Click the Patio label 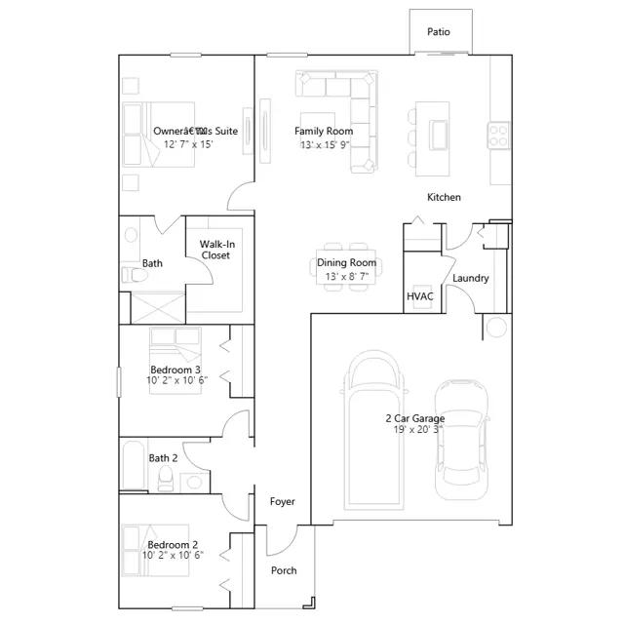coord(439,32)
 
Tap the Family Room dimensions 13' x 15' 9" coord(325,145)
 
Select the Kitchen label coord(444,197)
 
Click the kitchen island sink coord(438,135)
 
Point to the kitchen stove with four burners coord(498,136)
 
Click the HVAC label coord(420,296)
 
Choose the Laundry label coord(470,278)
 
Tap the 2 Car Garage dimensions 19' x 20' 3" coord(418,430)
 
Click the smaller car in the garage coord(461,440)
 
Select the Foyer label coord(283,502)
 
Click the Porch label coord(284,570)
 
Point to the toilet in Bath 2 coord(165,479)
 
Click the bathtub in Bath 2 coord(134,465)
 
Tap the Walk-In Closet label coord(216,250)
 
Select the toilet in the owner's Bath coord(135,275)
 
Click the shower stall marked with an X coord(158,308)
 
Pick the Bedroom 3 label coord(175,370)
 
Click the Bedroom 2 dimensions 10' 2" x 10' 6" coord(174,555)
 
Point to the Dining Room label coord(347,262)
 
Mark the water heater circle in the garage coord(496,328)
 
